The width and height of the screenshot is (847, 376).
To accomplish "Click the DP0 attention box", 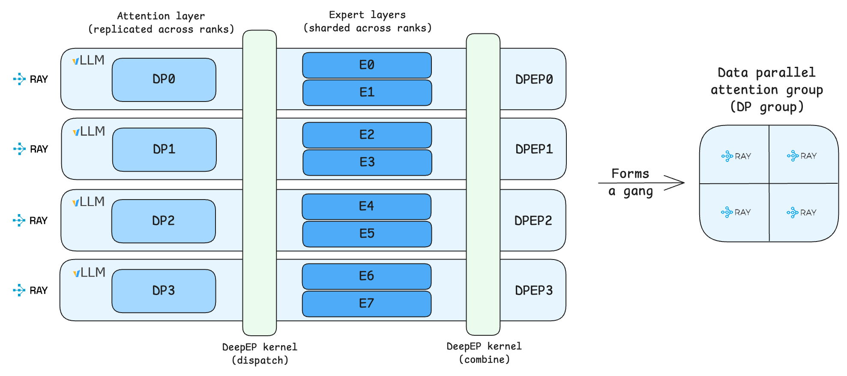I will tap(164, 80).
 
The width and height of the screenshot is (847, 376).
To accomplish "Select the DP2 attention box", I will tap(163, 221).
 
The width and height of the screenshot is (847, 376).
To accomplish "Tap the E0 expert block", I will tap(367, 65).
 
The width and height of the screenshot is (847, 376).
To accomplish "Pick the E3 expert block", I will tap(367, 162).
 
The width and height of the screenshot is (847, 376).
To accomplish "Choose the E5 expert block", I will tap(367, 234).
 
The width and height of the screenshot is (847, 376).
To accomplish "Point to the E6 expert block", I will tap(366, 276).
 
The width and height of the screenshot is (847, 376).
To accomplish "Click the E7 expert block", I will tap(366, 304).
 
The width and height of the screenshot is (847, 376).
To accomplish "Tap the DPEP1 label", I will tap(534, 149).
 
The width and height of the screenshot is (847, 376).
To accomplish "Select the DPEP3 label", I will tap(533, 290).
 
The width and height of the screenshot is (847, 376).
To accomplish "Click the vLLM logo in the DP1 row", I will tap(89, 131).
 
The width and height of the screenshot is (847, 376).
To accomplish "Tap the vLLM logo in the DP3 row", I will tap(89, 272).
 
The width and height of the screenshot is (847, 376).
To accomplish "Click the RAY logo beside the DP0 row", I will tap(30, 79).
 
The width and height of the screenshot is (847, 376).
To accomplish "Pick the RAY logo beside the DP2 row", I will tap(30, 221).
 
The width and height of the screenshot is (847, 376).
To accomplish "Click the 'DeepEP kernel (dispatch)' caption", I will tap(260, 353).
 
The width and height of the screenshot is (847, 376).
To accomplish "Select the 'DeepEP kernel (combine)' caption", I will tap(484, 352).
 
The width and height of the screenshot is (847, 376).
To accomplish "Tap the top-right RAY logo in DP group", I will tap(802, 156).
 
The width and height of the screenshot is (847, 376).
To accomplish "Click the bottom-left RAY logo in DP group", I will tap(736, 212).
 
